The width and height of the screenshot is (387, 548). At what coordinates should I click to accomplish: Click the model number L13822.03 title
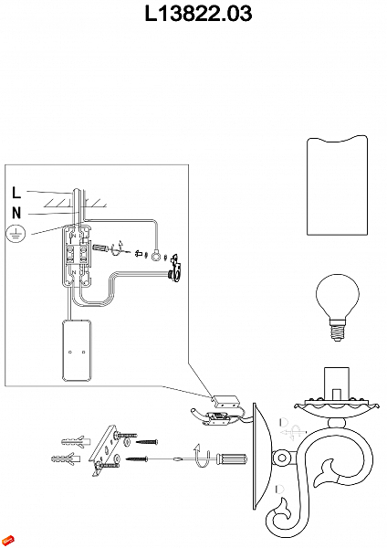[198, 14]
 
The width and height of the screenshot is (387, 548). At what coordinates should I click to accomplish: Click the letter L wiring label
[16, 192]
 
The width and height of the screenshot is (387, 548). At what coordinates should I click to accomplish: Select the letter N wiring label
[16, 213]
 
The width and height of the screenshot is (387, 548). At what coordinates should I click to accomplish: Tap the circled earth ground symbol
[16, 234]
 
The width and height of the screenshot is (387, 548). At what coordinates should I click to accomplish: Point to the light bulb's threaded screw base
[337, 332]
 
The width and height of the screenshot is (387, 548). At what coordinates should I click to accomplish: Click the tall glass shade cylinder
[338, 185]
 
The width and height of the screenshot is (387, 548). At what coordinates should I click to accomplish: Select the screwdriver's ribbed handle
[232, 458]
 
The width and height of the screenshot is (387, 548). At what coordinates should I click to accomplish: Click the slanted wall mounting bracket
[103, 448]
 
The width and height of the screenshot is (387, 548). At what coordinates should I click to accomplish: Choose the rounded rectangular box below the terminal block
[77, 351]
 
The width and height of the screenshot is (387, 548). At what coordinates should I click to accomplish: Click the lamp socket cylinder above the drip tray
[337, 384]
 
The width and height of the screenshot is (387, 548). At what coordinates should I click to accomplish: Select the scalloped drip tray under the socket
[337, 408]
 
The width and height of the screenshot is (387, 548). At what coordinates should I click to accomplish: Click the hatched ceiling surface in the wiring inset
[75, 203]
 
